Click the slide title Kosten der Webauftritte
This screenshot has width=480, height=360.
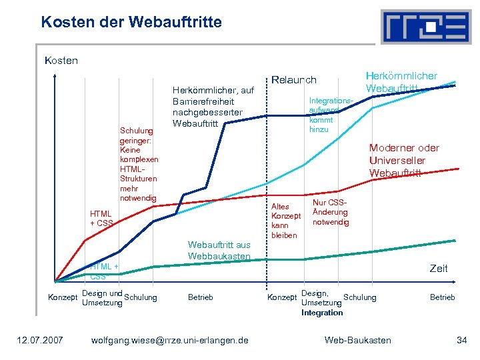pyautogui.click(x=131, y=22)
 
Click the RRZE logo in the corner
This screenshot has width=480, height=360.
pyautogui.click(x=425, y=27)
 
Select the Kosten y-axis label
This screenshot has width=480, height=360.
pyautogui.click(x=61, y=61)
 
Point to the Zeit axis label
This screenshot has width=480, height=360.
pyautogui.click(x=439, y=268)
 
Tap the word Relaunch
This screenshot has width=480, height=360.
pyautogui.click(x=293, y=80)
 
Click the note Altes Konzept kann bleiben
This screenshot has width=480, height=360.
pyautogui.click(x=285, y=221)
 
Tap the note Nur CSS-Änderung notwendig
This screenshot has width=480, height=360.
pyautogui.click(x=330, y=212)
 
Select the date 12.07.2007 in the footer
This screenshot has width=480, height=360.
pyautogui.click(x=40, y=341)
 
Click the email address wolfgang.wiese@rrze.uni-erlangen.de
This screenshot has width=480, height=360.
pyautogui.click(x=169, y=341)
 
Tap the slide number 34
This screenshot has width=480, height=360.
pyautogui.click(x=461, y=341)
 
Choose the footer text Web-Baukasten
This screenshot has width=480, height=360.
pyautogui.click(x=357, y=341)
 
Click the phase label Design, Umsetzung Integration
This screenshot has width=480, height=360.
pyautogui.click(x=322, y=303)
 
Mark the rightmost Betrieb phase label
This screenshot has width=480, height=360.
pyautogui.click(x=442, y=297)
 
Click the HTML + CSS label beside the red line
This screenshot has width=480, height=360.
pyautogui.click(x=101, y=218)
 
